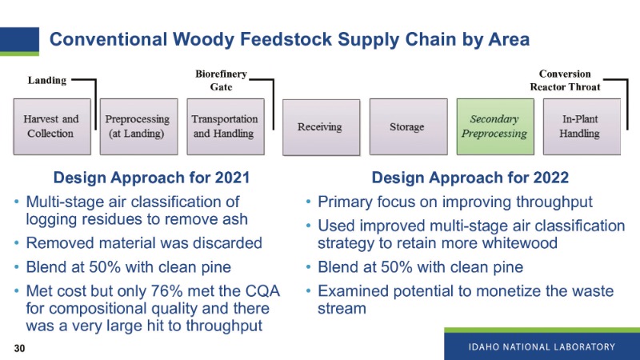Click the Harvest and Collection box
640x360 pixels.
click(x=52, y=126)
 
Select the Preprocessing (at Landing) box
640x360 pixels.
click(x=138, y=126)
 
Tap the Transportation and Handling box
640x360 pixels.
click(x=225, y=126)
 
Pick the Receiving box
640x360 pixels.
click(x=320, y=126)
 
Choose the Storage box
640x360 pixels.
click(x=406, y=126)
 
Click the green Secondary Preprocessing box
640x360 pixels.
click(x=494, y=126)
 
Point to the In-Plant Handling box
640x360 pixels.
click(x=579, y=126)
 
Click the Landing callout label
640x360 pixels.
click(x=47, y=81)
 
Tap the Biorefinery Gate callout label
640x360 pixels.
click(x=222, y=80)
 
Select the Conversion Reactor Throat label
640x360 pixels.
click(x=565, y=80)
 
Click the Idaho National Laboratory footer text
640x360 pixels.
click(x=542, y=346)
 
